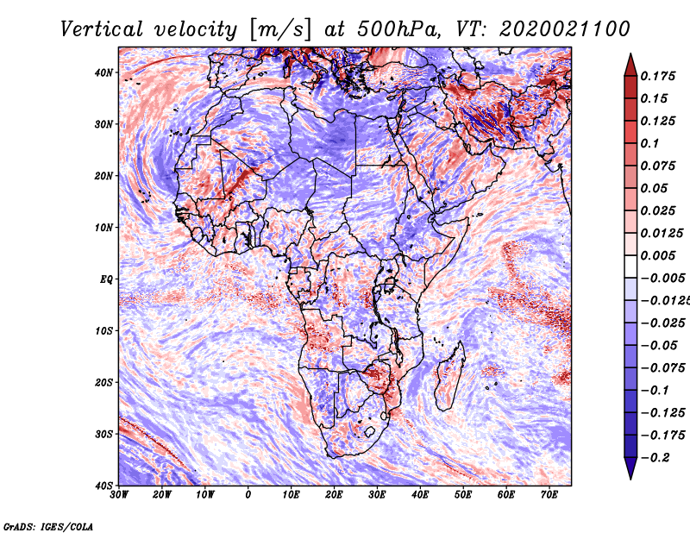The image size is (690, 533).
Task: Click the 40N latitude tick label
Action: click(x=103, y=72)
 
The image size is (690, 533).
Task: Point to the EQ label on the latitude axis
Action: click(x=106, y=279)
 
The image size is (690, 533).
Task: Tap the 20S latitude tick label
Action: click(x=103, y=382)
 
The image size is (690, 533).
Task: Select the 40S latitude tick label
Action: click(x=103, y=486)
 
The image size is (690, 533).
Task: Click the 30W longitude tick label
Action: click(x=119, y=495)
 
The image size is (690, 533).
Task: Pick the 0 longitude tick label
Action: click(x=248, y=495)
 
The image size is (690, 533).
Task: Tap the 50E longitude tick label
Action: click(x=463, y=495)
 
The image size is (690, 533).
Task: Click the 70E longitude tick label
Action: click(x=549, y=495)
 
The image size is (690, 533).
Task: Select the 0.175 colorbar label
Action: click(x=658, y=76)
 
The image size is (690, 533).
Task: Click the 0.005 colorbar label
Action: click(x=658, y=255)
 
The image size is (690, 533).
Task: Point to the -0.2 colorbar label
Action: click(x=655, y=458)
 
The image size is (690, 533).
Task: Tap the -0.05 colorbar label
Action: click(x=659, y=346)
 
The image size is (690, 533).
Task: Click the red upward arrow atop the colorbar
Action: click(x=630, y=65)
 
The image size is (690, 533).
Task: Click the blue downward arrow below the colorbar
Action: click(x=630, y=468)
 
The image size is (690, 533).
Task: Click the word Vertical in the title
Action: click(x=102, y=29)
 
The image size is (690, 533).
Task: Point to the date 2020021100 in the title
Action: click(x=565, y=29)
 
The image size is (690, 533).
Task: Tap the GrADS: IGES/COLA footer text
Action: click(x=48, y=527)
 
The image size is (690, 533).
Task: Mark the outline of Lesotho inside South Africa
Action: click(x=370, y=432)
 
